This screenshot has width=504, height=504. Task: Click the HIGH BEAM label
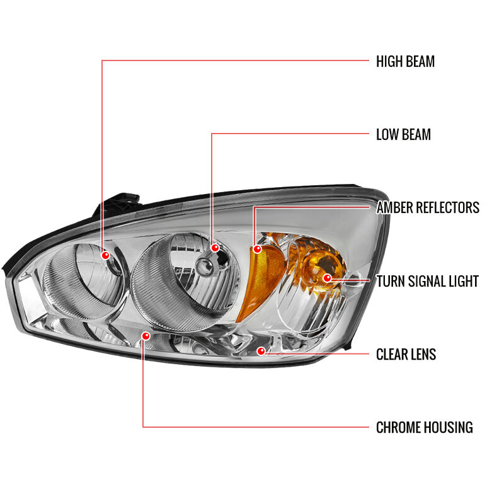click(405, 61)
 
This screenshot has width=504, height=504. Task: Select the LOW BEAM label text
click(403, 134)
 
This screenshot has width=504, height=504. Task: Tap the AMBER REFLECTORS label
click(428, 207)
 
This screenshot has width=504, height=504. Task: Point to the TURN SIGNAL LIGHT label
click(428, 281)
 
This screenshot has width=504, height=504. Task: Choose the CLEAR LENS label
click(406, 354)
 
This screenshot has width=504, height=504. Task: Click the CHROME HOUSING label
click(424, 428)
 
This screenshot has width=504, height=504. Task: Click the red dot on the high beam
click(105, 255)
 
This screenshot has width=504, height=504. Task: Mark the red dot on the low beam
click(215, 248)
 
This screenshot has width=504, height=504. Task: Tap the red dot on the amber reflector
click(258, 249)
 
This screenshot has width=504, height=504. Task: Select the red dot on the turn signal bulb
click(327, 278)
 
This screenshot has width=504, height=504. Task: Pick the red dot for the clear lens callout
click(261, 351)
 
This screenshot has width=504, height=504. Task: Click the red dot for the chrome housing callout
click(146, 336)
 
